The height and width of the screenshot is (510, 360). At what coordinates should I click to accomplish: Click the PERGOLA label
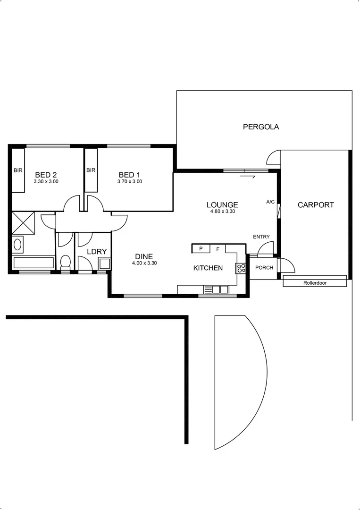[x=260, y=127]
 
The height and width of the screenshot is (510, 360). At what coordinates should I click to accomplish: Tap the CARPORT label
[x=316, y=205]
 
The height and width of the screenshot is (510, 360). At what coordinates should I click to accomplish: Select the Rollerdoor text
[x=315, y=283]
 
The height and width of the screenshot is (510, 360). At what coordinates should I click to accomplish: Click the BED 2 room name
[x=46, y=175]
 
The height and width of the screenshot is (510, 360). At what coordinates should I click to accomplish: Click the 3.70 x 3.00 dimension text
[x=129, y=181]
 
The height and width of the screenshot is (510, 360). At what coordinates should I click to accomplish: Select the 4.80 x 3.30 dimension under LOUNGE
[x=222, y=212]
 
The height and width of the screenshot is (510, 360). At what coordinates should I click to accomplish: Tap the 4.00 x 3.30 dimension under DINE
[x=144, y=263]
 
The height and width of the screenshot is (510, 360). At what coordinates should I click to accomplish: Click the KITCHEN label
[x=208, y=268]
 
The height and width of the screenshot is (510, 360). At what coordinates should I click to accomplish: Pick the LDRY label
[x=97, y=252]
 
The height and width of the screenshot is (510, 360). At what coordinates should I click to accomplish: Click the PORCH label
[x=264, y=268]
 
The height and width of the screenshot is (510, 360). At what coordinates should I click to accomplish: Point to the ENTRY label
[x=261, y=237]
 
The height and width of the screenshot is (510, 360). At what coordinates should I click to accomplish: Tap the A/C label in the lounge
[x=270, y=202]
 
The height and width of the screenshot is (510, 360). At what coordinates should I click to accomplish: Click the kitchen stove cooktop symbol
[x=241, y=268]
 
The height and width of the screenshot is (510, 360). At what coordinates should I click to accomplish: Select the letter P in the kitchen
[x=201, y=248]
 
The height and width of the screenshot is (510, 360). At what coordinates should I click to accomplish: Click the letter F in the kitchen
[x=218, y=248]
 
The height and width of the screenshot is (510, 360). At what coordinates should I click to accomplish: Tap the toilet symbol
[x=66, y=261]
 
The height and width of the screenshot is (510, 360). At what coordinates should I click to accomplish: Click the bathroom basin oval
[x=18, y=245]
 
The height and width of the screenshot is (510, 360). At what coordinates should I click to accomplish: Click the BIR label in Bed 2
[x=18, y=170]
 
